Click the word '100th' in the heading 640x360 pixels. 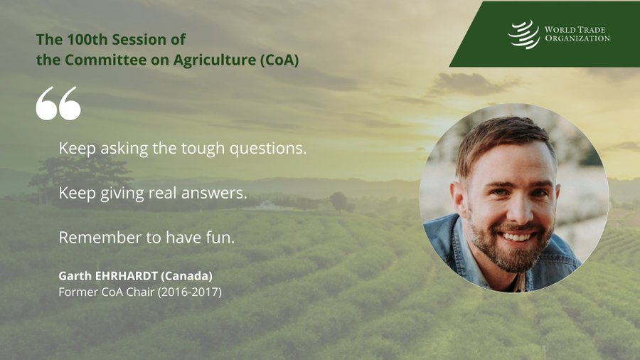[87, 40]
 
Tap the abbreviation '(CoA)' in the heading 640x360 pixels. [279, 60]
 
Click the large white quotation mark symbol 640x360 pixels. [58, 103]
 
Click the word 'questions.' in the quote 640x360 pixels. [268, 149]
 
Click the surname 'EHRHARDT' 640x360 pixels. [127, 276]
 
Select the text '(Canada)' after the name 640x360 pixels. [186, 276]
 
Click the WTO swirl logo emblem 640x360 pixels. [524, 34]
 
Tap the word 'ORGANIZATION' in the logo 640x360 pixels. [577, 39]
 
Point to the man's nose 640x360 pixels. [520, 206]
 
